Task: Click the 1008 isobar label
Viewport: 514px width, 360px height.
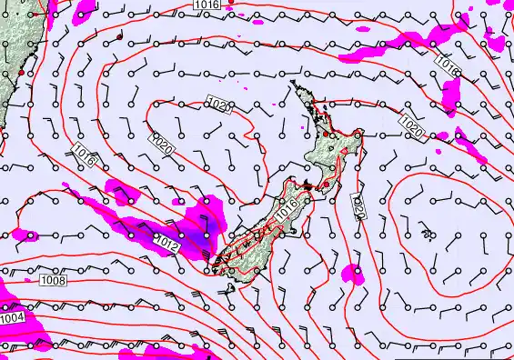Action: [x=53, y=282]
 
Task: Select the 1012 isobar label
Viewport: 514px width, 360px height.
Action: [x=166, y=242]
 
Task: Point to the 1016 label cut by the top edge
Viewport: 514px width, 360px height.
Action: [x=207, y=5]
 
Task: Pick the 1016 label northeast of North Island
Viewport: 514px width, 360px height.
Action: [x=446, y=65]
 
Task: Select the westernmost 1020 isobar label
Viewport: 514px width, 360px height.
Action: [x=160, y=144]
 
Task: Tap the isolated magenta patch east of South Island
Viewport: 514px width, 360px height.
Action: [x=354, y=272]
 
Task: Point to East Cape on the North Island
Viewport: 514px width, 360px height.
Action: [x=360, y=135]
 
